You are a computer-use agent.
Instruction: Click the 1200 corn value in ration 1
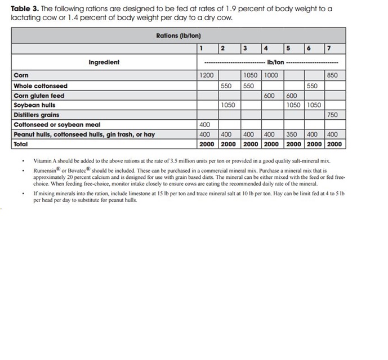pos(207,75)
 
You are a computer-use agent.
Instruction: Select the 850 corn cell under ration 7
pos(332,75)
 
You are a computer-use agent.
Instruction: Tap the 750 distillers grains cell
pos(332,115)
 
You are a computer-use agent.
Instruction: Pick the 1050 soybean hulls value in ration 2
pos(228,105)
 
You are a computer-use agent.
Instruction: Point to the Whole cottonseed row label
pos(40,85)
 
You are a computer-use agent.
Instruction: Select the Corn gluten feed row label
pos(39,96)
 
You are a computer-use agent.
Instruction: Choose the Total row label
pos(21,144)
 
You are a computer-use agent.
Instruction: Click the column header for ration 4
pos(266,47)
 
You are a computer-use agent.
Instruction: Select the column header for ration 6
pos(309,47)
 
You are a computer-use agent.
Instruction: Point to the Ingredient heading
pos(104,62)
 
